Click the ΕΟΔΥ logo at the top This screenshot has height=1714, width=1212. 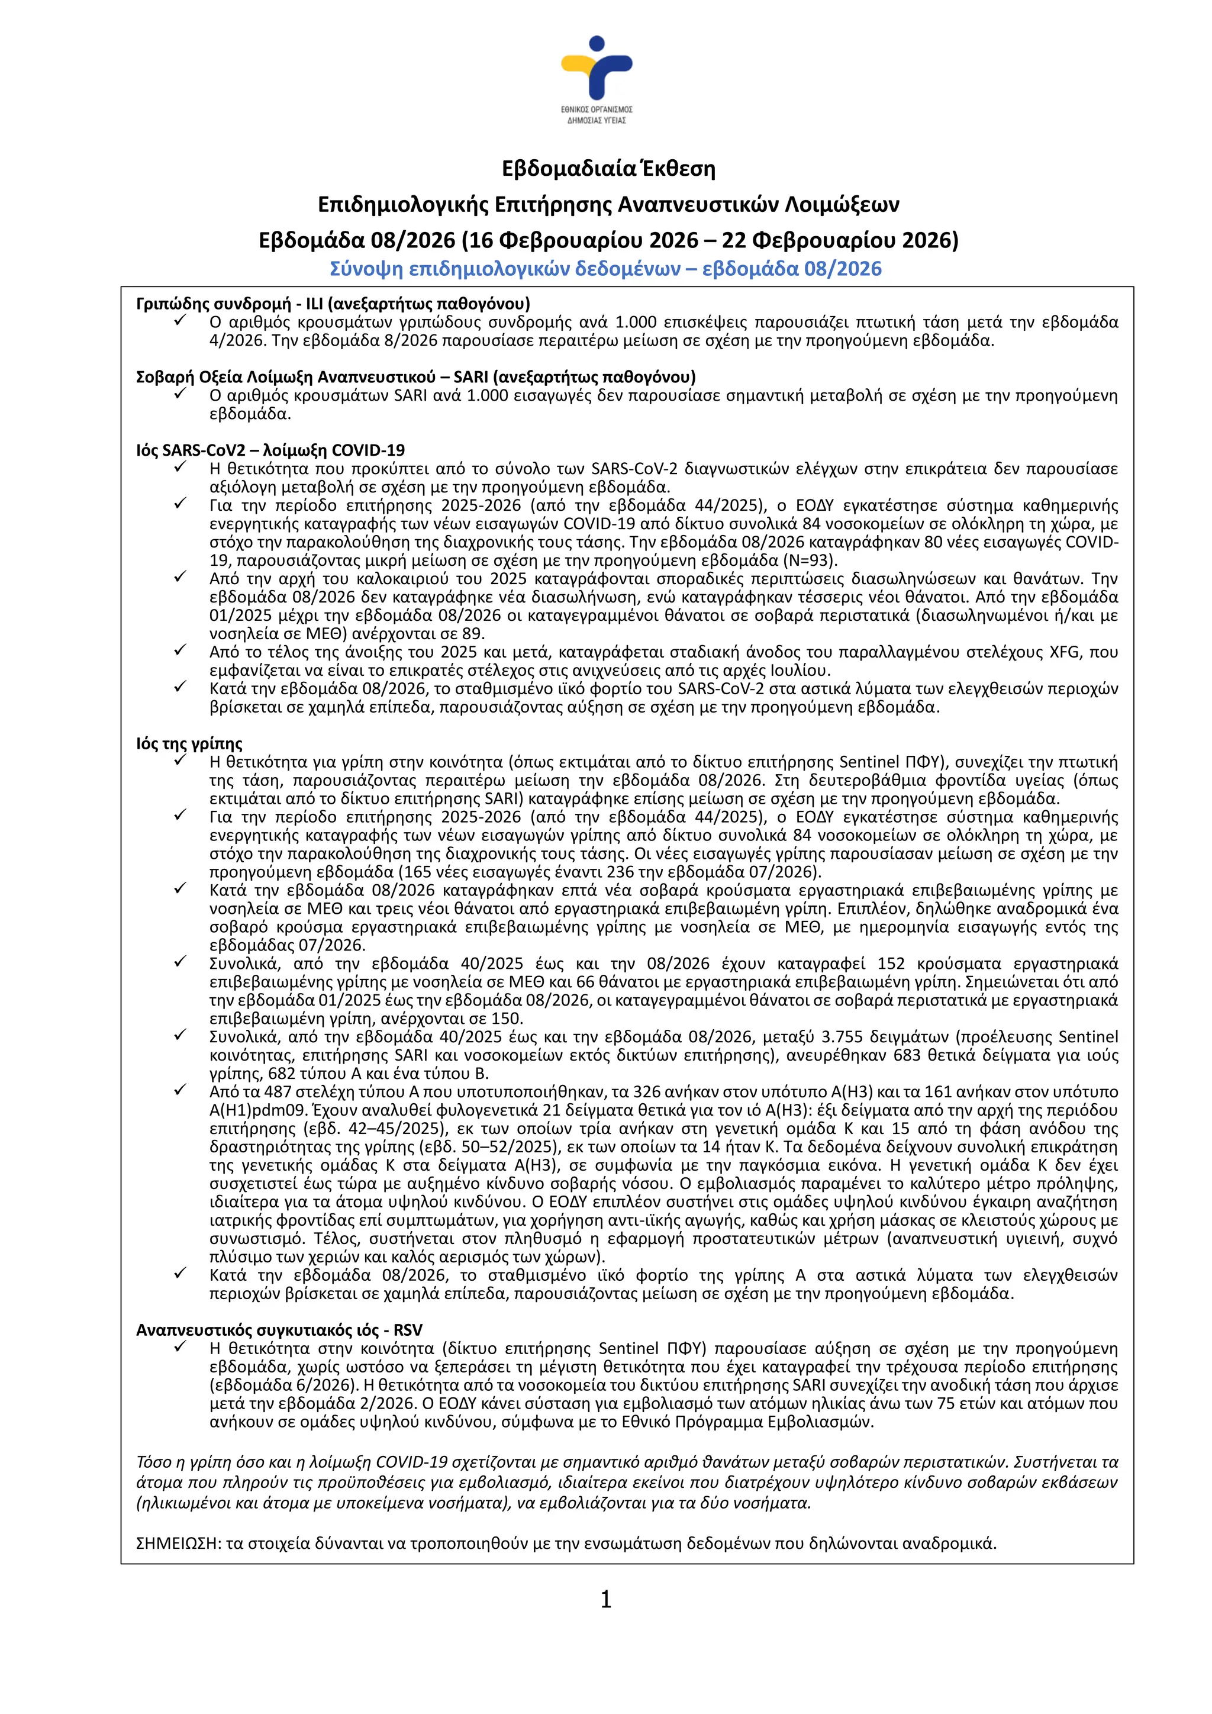597,78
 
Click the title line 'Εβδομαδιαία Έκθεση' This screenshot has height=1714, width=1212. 608,169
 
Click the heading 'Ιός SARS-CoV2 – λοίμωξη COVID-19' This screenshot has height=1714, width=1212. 270,450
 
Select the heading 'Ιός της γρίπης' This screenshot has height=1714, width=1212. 189,743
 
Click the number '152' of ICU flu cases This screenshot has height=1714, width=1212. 892,964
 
